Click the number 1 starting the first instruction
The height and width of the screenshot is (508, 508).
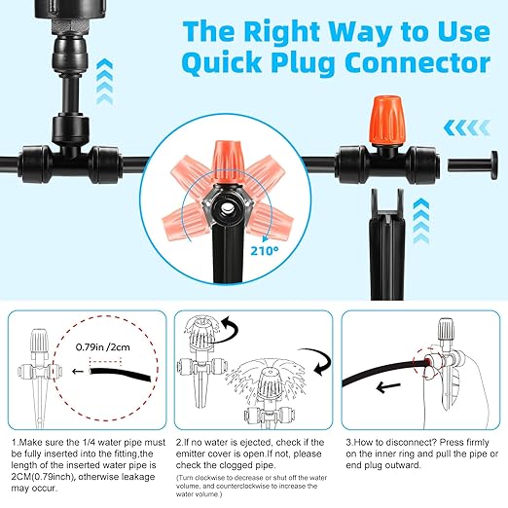(15, 442)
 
